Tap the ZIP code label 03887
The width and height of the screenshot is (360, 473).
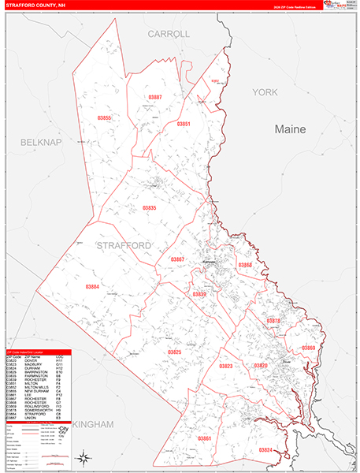(154, 97)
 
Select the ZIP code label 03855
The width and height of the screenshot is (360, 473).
(104, 117)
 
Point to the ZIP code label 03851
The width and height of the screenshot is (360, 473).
(184, 124)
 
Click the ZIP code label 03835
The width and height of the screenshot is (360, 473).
(150, 207)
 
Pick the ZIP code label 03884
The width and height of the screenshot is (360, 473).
(92, 287)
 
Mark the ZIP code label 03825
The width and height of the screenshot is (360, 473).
(175, 352)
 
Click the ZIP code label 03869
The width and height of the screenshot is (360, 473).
(307, 348)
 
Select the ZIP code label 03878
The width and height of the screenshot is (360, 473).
(273, 322)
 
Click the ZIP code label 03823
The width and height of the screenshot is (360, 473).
(226, 367)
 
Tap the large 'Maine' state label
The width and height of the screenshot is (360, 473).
(294, 128)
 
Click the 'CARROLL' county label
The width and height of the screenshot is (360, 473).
(169, 35)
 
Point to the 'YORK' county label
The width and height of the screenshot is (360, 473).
(265, 92)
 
